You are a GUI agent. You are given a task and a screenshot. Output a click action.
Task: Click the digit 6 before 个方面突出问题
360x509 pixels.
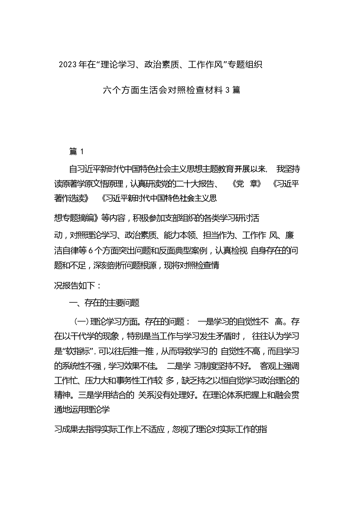[90, 250]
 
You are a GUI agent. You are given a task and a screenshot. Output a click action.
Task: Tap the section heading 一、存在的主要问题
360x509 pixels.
[104, 303]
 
